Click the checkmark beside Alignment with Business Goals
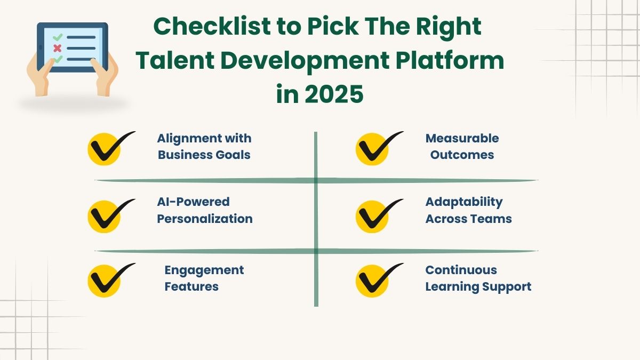point(107,148)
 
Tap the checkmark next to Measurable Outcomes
point(375,148)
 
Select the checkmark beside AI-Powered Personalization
point(107,215)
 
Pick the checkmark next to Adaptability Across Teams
point(375,215)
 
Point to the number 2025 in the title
point(334,94)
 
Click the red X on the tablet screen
point(57,49)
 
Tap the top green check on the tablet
point(58,37)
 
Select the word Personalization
point(204,219)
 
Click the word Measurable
point(462,138)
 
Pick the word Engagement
point(204,270)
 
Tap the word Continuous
point(461,270)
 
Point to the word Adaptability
point(463,202)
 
